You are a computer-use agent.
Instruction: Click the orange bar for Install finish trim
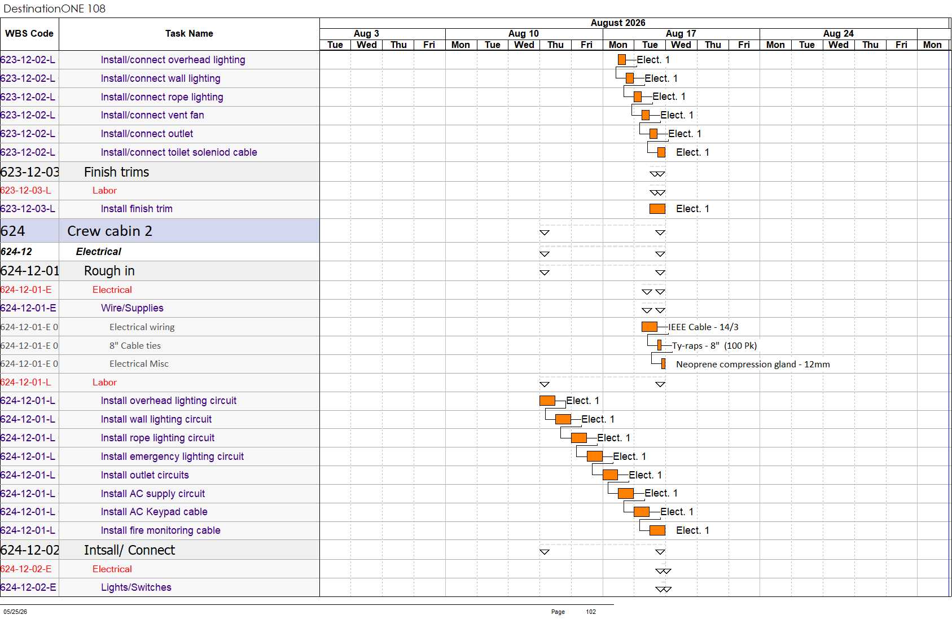(657, 209)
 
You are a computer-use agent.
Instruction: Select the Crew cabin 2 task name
(109, 231)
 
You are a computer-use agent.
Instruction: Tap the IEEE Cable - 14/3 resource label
(703, 327)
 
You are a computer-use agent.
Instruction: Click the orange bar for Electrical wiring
(649, 327)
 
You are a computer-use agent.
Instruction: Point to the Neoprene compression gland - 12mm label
(753, 364)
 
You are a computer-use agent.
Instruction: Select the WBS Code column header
(29, 33)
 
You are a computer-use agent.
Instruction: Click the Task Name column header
(189, 33)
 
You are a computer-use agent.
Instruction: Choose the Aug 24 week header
(838, 33)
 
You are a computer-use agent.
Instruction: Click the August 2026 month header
(618, 23)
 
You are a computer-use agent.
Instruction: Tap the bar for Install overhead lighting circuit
(547, 401)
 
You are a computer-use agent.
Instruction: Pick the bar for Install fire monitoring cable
(657, 530)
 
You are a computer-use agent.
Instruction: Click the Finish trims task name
(116, 172)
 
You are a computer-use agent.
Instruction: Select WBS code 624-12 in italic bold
(16, 252)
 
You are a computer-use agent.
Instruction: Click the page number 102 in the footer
(591, 612)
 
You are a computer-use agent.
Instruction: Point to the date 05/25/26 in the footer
(15, 612)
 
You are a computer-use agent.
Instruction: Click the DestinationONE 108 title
(54, 8)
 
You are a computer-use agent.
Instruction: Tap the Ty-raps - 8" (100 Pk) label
(714, 345)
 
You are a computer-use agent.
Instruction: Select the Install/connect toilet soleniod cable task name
(179, 152)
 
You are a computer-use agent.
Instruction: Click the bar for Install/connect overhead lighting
(622, 60)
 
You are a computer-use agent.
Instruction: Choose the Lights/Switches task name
(136, 587)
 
